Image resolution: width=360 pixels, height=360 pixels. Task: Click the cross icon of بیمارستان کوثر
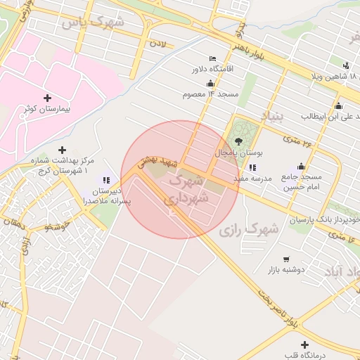click(x=47, y=98)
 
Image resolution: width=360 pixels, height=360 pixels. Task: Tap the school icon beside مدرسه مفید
click(x=252, y=167)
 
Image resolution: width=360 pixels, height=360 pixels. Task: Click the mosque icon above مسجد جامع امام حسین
click(x=302, y=166)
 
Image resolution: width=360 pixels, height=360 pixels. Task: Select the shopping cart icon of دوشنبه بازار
click(x=285, y=259)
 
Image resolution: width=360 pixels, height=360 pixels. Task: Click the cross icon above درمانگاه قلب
click(x=304, y=345)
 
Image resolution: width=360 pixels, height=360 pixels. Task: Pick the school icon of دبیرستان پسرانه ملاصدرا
click(x=105, y=181)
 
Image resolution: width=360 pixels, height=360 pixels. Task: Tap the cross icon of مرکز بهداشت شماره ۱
click(x=63, y=150)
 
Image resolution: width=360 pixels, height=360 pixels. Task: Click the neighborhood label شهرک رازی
click(x=248, y=229)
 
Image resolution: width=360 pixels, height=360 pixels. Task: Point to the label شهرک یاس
click(x=91, y=22)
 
